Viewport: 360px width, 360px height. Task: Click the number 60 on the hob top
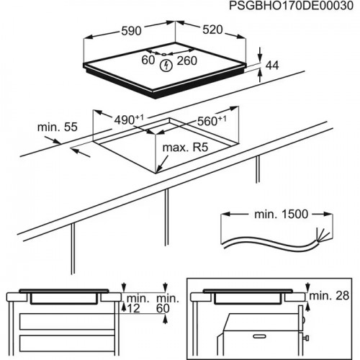coord(148,60)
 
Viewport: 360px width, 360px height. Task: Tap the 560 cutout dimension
coord(211,122)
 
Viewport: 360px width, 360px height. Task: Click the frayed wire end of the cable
coord(320,235)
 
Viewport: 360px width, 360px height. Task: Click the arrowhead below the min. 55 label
coord(75,151)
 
